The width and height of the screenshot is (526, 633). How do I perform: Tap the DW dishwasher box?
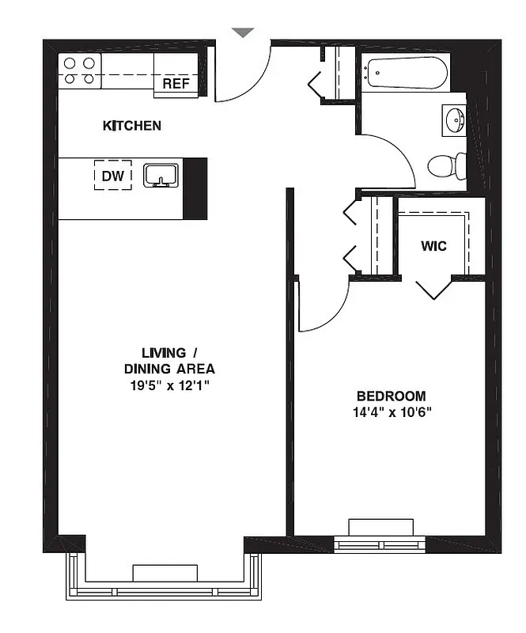[x=113, y=176]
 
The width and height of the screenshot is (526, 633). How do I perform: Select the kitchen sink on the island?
[x=161, y=176]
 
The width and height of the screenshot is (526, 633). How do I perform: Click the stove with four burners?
[x=79, y=70]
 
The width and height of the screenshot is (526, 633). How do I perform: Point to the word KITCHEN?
[x=132, y=126]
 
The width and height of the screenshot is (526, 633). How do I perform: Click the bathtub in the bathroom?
[x=406, y=74]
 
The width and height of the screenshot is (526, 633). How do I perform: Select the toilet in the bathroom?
[x=446, y=165]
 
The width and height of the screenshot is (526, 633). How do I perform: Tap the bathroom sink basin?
[x=455, y=120]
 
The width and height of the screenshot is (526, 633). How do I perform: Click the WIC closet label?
[x=433, y=246]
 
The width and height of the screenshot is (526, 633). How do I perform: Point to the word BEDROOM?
[x=391, y=396]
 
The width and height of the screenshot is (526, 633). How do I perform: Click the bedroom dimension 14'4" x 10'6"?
[x=391, y=412]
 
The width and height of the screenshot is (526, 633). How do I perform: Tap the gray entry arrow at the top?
[x=243, y=32]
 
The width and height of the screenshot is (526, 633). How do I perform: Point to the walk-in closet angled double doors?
[x=433, y=289]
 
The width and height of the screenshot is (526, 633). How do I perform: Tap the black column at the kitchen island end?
[x=195, y=188]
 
